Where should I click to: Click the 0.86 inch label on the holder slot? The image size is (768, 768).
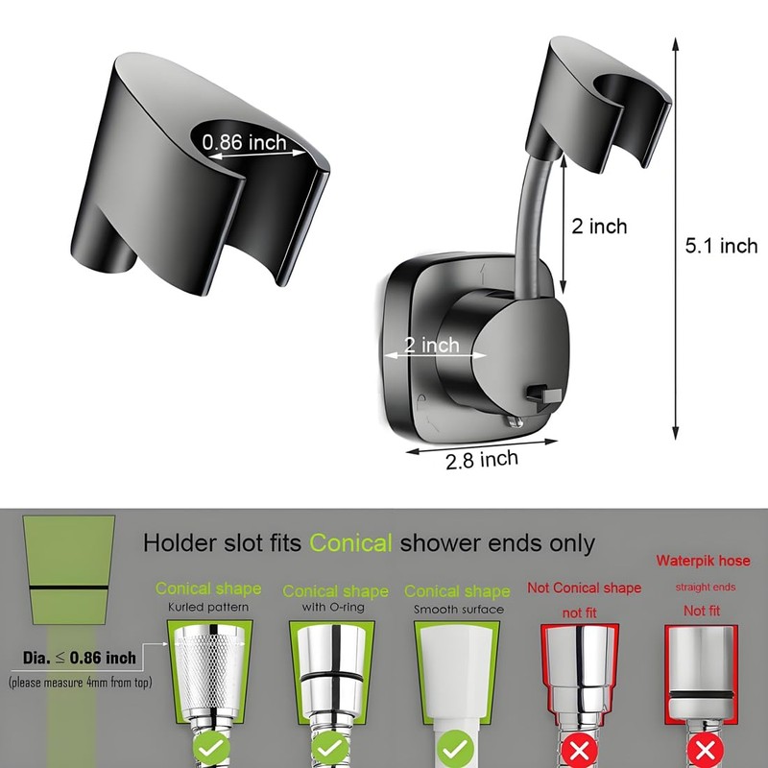coord(244,142)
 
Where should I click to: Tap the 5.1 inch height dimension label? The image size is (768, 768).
coord(721,246)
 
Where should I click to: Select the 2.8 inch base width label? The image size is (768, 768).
coord(481,460)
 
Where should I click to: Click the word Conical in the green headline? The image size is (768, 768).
coord(350,543)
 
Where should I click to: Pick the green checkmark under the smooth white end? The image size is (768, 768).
coord(457,745)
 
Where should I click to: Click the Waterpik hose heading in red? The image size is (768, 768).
coord(703,561)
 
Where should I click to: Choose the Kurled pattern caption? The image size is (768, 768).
coord(208,608)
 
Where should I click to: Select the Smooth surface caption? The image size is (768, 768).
coord(458,609)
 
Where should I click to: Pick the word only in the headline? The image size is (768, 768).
coord(568,543)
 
